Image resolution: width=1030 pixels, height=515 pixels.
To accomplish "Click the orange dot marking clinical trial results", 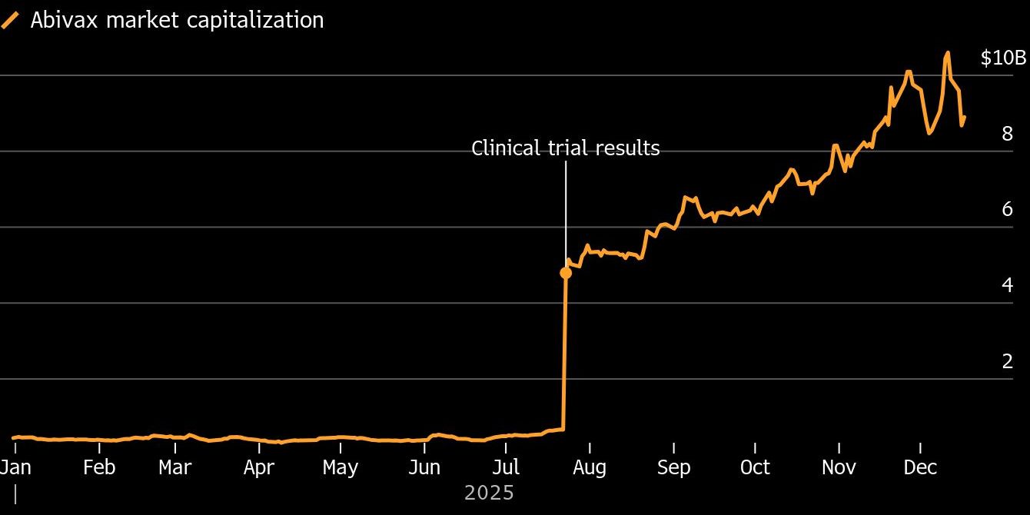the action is pos(566,273).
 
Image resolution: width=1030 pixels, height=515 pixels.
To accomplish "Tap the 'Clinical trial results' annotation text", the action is pos(566,148).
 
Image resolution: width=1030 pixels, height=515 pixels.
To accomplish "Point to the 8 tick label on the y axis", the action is pos(1007,134).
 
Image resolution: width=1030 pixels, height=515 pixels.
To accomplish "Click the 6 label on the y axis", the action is pos(1007,209).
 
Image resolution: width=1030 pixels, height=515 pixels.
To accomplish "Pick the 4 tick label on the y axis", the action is pos(1007,285).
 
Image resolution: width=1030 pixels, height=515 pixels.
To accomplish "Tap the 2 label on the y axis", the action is pos(1007,361).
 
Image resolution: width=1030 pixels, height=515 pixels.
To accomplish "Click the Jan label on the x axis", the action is pos(15,467).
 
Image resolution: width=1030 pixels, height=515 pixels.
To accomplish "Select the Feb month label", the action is pos(99,467).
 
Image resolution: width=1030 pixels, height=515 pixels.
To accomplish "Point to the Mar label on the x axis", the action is pos(174,467).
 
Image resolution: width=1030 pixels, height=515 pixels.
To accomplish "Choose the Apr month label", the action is pos(259,468).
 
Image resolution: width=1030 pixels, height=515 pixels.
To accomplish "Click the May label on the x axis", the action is pos(341,468).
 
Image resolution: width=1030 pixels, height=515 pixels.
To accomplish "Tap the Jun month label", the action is pos(424,467).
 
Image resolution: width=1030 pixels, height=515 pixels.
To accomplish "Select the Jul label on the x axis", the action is pos(506,467).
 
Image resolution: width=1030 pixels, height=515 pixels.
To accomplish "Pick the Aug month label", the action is pos(590,468).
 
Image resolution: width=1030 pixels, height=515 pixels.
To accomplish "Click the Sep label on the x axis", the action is pos(673,468).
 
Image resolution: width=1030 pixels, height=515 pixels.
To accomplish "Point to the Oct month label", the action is pos(755,467).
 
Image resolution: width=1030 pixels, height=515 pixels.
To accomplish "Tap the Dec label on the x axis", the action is pos(920,467).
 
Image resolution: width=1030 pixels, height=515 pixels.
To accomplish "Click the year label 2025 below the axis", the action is pos(489,493).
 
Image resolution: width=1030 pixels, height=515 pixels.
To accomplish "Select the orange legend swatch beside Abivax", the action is pos(10,21).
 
